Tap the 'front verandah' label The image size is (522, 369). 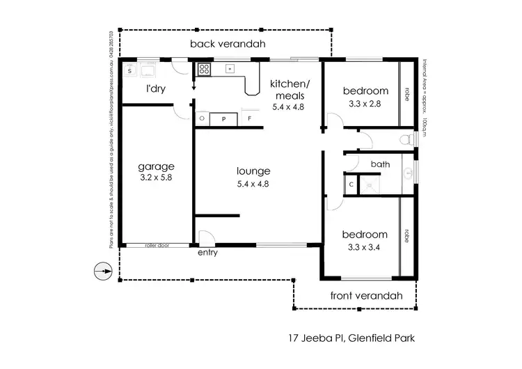click(x=366, y=295)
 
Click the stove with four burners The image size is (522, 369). click(x=205, y=69)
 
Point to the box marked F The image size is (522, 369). click(x=250, y=119)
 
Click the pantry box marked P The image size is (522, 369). click(x=223, y=119)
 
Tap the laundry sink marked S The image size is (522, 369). click(x=129, y=70)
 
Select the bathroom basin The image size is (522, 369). click(x=409, y=172)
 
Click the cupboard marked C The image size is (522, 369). click(x=351, y=184)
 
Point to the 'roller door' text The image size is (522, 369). click(x=157, y=245)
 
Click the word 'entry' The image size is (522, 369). click(x=207, y=253)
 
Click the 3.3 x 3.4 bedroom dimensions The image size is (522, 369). click(x=365, y=246)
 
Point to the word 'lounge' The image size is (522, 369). click(x=253, y=171)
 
